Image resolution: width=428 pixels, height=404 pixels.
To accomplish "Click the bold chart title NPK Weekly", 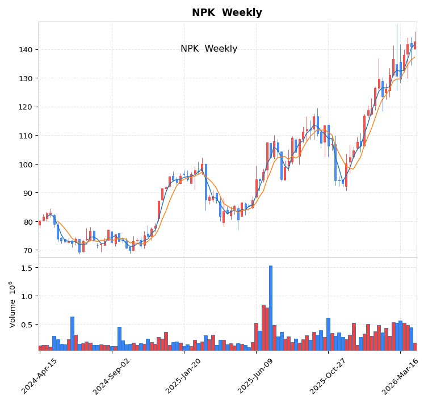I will point(227,13).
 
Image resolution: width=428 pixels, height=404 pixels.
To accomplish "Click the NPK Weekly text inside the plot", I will point(209,49).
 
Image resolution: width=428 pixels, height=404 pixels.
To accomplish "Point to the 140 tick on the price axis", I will point(26,50).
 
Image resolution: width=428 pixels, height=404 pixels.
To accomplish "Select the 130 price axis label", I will point(26,78).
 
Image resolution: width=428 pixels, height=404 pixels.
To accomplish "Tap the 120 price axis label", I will point(26,107).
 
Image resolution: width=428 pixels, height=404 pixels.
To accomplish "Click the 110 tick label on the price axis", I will point(26,136).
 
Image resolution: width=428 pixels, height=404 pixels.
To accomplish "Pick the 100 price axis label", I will point(26,165).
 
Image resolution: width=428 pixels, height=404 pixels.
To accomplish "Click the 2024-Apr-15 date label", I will point(40,376).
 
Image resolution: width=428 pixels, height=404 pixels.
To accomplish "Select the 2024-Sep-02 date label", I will point(112,376).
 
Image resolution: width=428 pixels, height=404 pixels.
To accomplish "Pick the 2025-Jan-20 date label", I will point(184,376).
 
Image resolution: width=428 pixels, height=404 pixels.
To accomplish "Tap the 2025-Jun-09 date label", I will point(256,376).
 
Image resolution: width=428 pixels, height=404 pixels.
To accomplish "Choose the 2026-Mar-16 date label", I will point(400,376).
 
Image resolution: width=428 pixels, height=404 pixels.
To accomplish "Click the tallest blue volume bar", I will point(271,308).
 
